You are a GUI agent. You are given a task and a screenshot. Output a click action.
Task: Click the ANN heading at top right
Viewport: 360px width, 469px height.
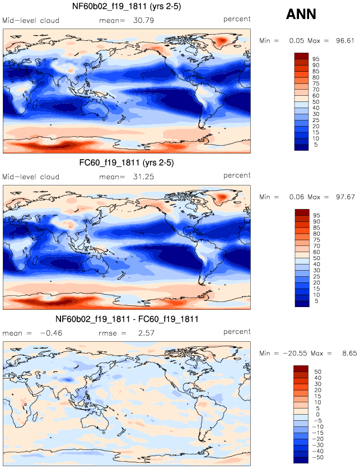coord(302,15)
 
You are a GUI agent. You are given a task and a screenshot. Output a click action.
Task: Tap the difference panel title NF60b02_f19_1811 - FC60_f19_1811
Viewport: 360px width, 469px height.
coord(127,319)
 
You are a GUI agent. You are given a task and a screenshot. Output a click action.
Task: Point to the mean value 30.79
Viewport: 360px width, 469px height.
coord(143,20)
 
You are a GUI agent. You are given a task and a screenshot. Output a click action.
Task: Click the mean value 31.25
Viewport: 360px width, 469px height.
coord(143,177)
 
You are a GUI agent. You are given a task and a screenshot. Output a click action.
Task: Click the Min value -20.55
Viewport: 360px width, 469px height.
coord(294,354)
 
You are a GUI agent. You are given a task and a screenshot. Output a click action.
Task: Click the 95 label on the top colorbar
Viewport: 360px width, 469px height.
coord(315,59)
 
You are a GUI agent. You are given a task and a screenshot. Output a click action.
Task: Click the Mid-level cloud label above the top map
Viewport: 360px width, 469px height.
coord(31,20)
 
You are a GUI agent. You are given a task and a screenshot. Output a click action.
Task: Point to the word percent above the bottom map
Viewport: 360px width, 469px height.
coord(237,332)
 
